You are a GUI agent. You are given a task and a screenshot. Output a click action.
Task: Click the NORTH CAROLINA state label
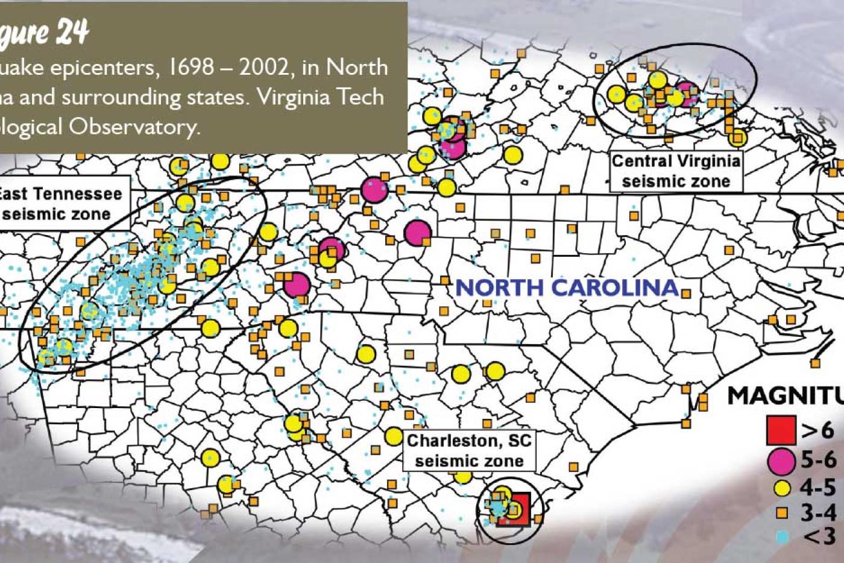pos(567,288)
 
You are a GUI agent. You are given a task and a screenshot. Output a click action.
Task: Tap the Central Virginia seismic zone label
pos(676,171)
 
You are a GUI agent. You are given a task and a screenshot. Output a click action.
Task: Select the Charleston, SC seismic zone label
pos(469,451)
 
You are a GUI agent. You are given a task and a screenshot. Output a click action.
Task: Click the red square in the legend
pos(781,430)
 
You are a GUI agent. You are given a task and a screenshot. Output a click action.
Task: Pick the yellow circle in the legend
pos(782,488)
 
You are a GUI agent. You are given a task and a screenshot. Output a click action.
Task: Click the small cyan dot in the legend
pos(783,536)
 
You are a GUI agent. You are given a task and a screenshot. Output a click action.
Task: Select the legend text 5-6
pos(819,461)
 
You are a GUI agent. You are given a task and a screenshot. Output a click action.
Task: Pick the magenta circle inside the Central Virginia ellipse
pos(686,94)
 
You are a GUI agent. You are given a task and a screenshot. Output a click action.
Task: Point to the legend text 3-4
pos(819,513)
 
